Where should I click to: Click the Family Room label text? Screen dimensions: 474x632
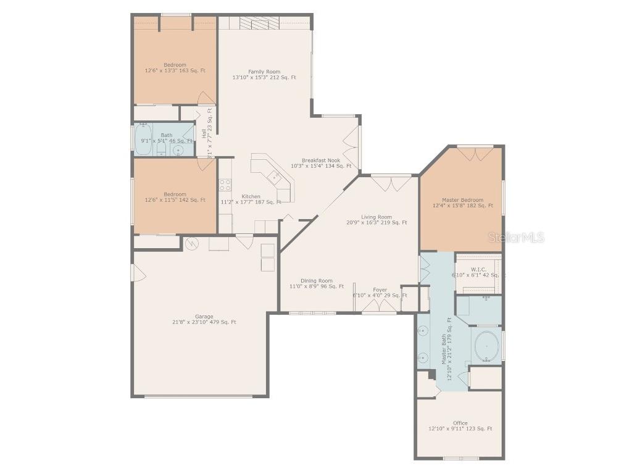(264, 72)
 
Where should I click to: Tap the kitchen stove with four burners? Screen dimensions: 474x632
(225, 185)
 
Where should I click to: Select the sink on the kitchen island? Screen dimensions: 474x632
(274, 177)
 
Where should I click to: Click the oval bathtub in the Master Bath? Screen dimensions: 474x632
(486, 346)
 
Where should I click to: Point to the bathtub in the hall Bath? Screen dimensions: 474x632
(144, 138)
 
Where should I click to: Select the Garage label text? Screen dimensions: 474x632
(204, 317)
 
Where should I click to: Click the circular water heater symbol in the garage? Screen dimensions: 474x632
(192, 244)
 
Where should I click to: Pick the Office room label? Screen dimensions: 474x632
(460, 423)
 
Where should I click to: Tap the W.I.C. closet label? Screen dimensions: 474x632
(478, 270)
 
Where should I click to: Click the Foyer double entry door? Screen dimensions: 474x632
(379, 307)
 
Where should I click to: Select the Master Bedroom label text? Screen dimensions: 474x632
(462, 200)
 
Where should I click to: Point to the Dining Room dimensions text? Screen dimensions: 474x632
(317, 286)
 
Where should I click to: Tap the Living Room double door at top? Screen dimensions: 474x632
(391, 182)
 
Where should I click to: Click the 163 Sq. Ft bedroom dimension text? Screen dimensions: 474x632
(175, 71)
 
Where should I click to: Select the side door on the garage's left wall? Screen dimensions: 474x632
(138, 273)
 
